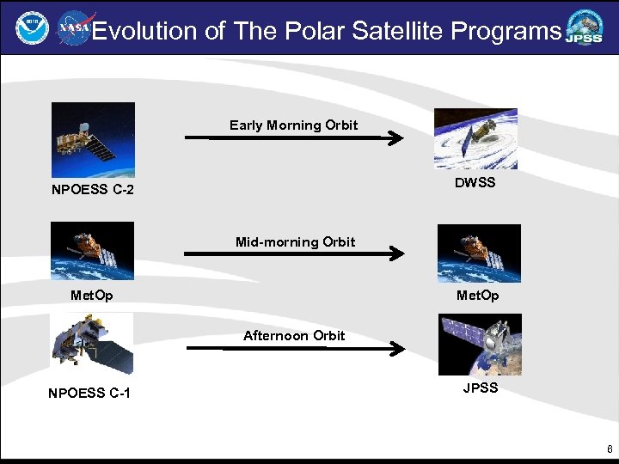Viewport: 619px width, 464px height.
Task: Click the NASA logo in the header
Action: coord(74,29)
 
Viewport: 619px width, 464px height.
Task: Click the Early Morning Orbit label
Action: coord(293,125)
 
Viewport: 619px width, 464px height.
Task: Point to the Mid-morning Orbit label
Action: coord(295,242)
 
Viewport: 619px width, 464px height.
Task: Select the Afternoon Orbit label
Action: coord(294,336)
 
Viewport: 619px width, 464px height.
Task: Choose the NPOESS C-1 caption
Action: coord(90,394)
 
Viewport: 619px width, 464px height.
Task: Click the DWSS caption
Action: coord(475,183)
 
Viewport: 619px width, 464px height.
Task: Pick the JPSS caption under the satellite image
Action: coord(480,388)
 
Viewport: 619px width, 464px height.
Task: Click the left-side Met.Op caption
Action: coord(91,296)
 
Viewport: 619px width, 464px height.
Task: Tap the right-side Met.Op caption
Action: coord(478,296)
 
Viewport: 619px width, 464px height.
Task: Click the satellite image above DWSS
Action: coord(475,138)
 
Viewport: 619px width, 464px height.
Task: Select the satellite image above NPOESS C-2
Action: coord(93,139)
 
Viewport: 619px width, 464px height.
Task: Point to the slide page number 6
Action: coord(610,449)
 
